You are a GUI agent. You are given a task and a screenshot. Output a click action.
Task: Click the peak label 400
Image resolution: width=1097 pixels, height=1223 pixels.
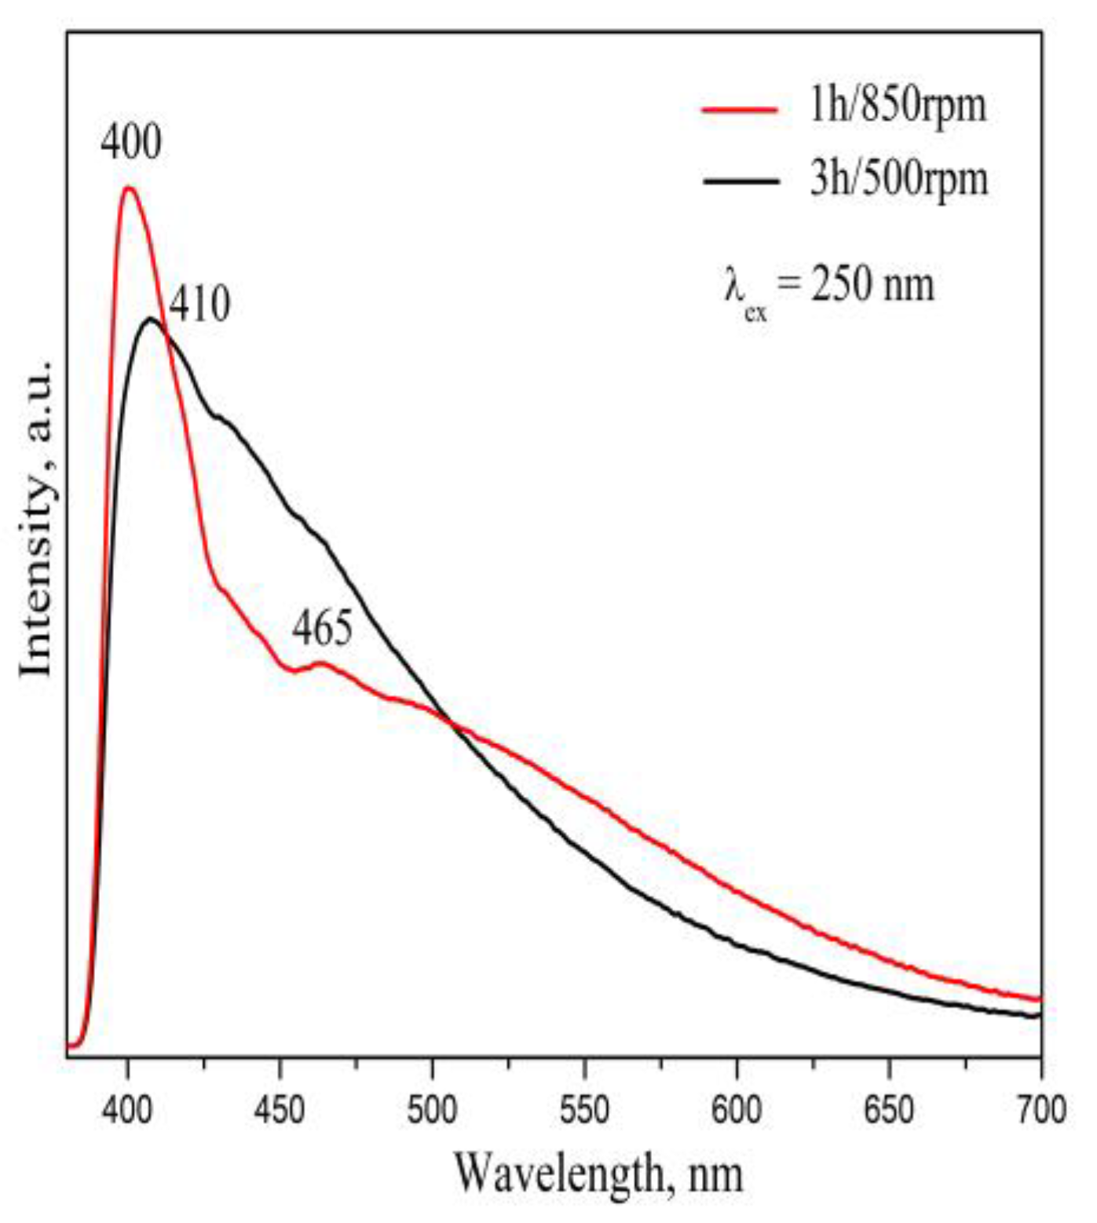(131, 143)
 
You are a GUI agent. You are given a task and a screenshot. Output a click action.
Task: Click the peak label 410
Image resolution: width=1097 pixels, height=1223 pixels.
(200, 305)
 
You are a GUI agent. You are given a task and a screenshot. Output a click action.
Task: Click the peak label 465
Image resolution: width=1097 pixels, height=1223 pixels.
(323, 629)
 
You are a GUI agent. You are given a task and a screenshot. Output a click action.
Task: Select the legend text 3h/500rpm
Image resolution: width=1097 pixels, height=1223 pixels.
(898, 179)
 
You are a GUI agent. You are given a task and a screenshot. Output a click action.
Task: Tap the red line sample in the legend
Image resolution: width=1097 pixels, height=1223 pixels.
(740, 109)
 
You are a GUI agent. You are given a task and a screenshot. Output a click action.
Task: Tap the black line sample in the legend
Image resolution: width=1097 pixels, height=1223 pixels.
(740, 181)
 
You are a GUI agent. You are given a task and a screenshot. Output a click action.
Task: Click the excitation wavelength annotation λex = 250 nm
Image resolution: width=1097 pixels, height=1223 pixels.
(829, 287)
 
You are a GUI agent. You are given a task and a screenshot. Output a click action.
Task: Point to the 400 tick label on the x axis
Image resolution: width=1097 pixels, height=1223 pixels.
(127, 1110)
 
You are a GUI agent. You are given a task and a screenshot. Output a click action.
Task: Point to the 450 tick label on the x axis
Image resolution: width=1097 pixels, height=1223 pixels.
(280, 1110)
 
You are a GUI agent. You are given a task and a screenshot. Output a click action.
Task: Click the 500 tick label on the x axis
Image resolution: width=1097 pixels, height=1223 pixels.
(432, 1110)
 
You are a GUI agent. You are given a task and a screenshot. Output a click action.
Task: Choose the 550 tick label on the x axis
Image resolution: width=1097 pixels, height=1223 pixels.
(584, 1110)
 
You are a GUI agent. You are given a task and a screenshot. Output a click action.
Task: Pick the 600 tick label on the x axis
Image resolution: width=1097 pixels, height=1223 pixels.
(737, 1110)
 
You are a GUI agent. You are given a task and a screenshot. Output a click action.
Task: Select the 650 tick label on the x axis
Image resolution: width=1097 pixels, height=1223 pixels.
(889, 1110)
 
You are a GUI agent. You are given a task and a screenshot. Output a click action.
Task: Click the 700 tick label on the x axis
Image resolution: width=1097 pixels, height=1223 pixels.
(1040, 1110)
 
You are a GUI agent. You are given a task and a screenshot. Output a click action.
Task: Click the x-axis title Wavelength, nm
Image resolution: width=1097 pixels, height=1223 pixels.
(598, 1174)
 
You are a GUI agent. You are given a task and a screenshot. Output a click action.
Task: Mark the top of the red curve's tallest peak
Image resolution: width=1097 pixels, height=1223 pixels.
(128, 188)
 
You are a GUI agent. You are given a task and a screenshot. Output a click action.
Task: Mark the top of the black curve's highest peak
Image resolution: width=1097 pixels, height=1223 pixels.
(151, 319)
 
